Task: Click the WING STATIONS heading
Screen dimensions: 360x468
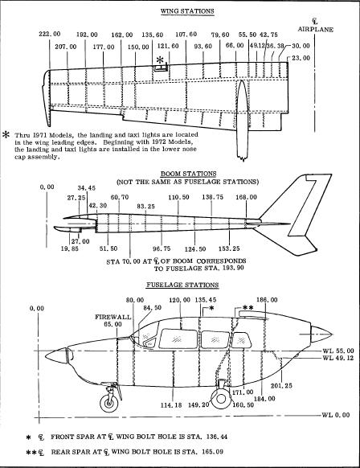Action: pyautogui.click(x=187, y=11)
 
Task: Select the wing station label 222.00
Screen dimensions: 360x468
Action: pyautogui.click(x=50, y=34)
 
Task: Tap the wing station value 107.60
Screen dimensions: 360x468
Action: pyautogui.click(x=186, y=34)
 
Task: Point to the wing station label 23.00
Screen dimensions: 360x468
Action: pyautogui.click(x=301, y=58)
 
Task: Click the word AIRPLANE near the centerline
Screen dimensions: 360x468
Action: pyautogui.click(x=315, y=30)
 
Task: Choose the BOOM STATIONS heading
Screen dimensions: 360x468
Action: pyautogui.click(x=189, y=174)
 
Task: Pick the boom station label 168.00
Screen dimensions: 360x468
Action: pyautogui.click(x=247, y=197)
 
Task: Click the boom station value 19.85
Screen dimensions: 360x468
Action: pyautogui.click(x=70, y=248)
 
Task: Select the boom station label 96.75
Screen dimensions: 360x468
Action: pyautogui.click(x=162, y=248)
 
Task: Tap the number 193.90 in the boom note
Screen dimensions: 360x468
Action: pyautogui.click(x=233, y=268)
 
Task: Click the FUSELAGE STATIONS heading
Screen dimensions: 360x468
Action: pyautogui.click(x=182, y=285)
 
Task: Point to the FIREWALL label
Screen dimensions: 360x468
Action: pyautogui.click(x=113, y=317)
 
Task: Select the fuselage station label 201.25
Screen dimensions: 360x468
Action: pyautogui.click(x=281, y=386)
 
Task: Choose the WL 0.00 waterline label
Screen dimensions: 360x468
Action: pyautogui.click(x=336, y=415)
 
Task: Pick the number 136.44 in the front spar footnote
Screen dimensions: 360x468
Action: pyautogui.click(x=215, y=437)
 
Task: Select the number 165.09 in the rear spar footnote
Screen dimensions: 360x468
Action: pyautogui.click(x=212, y=452)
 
